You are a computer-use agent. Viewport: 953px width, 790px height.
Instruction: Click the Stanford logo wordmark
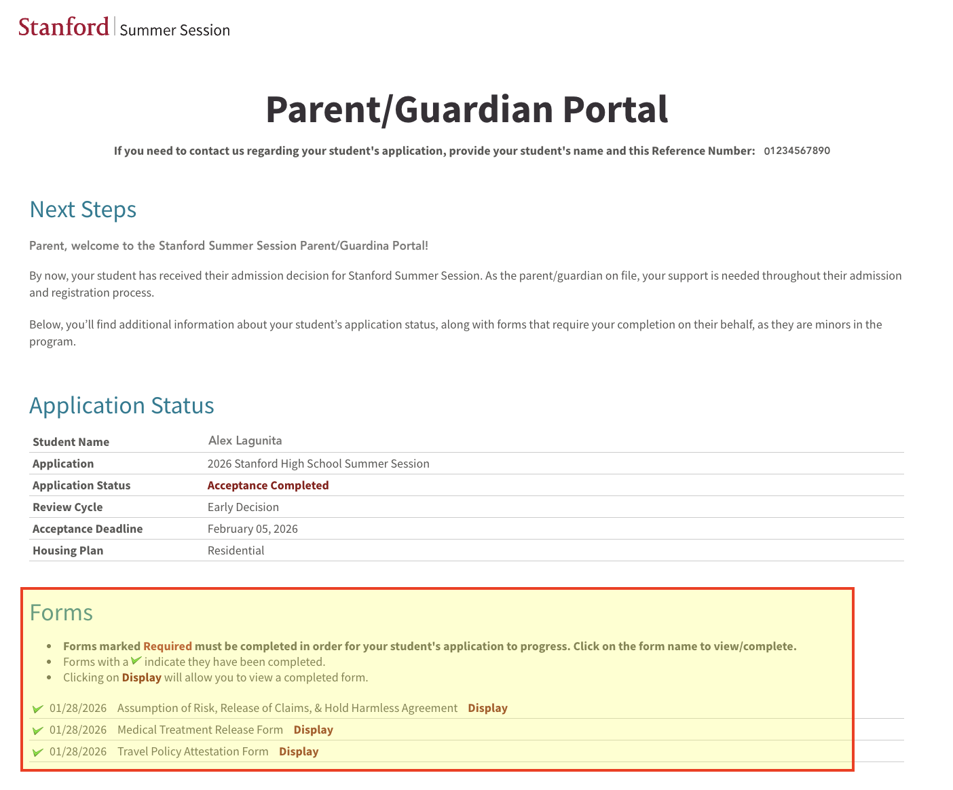coord(64,27)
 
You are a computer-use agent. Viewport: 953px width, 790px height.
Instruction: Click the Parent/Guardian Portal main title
coord(466,109)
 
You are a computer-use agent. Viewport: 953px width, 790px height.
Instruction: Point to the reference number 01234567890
coord(797,151)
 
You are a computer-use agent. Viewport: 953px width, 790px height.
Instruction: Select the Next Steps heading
coord(83,210)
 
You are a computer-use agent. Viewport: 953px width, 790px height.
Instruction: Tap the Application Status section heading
coord(122,405)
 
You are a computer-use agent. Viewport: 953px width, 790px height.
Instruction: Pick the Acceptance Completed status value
coord(268,485)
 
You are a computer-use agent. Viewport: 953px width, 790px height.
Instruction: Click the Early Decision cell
coord(243,507)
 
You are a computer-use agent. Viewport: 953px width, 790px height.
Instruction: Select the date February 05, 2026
coord(253,529)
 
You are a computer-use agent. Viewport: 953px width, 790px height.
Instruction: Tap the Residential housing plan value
coord(236,550)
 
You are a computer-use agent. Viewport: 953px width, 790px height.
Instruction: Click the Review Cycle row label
coord(68,507)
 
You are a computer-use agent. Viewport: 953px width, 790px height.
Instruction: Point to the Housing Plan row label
coord(68,550)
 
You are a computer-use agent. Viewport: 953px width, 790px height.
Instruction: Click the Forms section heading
coord(61,612)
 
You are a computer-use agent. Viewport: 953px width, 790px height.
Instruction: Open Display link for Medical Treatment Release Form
coord(313,730)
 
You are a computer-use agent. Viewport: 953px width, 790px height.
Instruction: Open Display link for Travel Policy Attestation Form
coord(299,751)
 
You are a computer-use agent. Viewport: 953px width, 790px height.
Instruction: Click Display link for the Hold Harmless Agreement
coord(487,708)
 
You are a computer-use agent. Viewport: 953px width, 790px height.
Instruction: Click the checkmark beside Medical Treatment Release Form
coord(38,730)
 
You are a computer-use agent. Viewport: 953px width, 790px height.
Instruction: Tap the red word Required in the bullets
coord(168,646)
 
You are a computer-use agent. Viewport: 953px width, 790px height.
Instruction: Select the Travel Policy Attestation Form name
coord(193,751)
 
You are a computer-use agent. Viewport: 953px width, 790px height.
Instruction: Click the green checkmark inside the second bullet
coord(136,660)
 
